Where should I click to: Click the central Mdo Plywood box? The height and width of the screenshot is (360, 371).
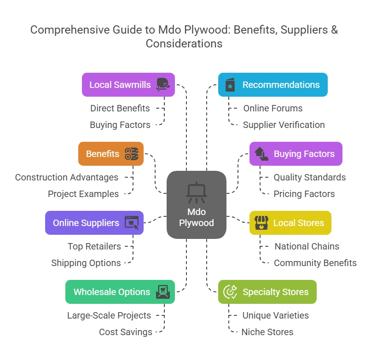[x=197, y=204]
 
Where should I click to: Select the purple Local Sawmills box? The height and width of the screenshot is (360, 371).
[x=128, y=85]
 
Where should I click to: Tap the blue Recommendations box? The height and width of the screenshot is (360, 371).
[x=272, y=85]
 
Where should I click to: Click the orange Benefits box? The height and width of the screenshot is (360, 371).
[x=111, y=154]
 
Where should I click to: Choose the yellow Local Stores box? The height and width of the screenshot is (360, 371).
[x=290, y=223]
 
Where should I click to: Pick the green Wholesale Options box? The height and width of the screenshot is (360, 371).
[x=120, y=292]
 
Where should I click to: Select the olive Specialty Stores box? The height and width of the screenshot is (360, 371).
[x=267, y=292]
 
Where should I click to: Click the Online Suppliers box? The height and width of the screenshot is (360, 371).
[x=94, y=223]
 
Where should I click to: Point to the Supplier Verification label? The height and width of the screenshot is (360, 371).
[x=284, y=125]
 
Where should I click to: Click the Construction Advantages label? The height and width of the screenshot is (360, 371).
[x=66, y=177]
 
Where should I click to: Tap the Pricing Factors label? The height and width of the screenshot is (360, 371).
[x=304, y=194]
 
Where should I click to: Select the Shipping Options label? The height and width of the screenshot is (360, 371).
[x=86, y=263]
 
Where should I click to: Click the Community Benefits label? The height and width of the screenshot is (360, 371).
[x=315, y=263]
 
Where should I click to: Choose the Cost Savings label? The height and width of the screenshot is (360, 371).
[x=125, y=332]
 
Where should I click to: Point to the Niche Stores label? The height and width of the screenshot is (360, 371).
[x=267, y=332]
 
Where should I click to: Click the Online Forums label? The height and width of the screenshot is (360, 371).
[x=272, y=108]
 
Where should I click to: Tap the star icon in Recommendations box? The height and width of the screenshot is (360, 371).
[x=230, y=86]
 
